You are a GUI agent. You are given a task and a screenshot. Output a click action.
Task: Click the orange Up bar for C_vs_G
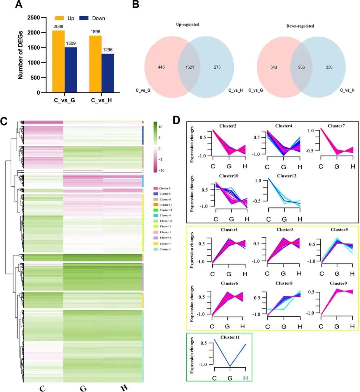[x=58, y=62]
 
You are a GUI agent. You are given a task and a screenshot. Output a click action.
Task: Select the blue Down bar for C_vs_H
[x=108, y=73]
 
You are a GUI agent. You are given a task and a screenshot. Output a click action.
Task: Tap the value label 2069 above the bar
[x=58, y=27]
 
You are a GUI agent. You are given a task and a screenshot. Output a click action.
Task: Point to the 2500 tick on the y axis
[x=33, y=18]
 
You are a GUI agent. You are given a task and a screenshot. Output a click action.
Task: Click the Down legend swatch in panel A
[x=84, y=18]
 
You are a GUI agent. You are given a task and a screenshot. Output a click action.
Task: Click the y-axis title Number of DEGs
[x=20, y=55]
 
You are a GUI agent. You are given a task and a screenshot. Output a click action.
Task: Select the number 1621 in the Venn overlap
[x=190, y=67]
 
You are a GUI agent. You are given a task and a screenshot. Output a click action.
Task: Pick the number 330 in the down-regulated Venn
[x=329, y=67]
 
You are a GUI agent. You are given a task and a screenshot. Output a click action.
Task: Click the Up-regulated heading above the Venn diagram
[x=187, y=24]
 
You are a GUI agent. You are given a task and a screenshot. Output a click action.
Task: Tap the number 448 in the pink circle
[x=161, y=67]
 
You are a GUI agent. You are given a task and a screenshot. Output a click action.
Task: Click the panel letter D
[x=176, y=120]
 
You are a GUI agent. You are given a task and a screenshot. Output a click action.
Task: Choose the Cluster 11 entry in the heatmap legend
[x=165, y=205]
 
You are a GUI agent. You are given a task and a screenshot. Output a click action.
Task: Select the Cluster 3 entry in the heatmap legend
[x=165, y=249]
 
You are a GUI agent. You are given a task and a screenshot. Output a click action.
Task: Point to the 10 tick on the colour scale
[x=160, y=127]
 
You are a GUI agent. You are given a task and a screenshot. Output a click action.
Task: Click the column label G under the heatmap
[x=83, y=388]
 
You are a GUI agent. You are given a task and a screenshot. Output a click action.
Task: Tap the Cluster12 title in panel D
[x=286, y=176]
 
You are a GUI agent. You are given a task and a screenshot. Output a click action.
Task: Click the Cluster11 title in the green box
[x=230, y=337]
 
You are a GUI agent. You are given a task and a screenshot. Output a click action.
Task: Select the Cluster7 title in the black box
[x=336, y=126]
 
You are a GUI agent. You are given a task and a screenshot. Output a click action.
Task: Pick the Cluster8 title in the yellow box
[x=284, y=283]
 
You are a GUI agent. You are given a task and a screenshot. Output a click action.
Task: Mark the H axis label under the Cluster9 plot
[x=352, y=327]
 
